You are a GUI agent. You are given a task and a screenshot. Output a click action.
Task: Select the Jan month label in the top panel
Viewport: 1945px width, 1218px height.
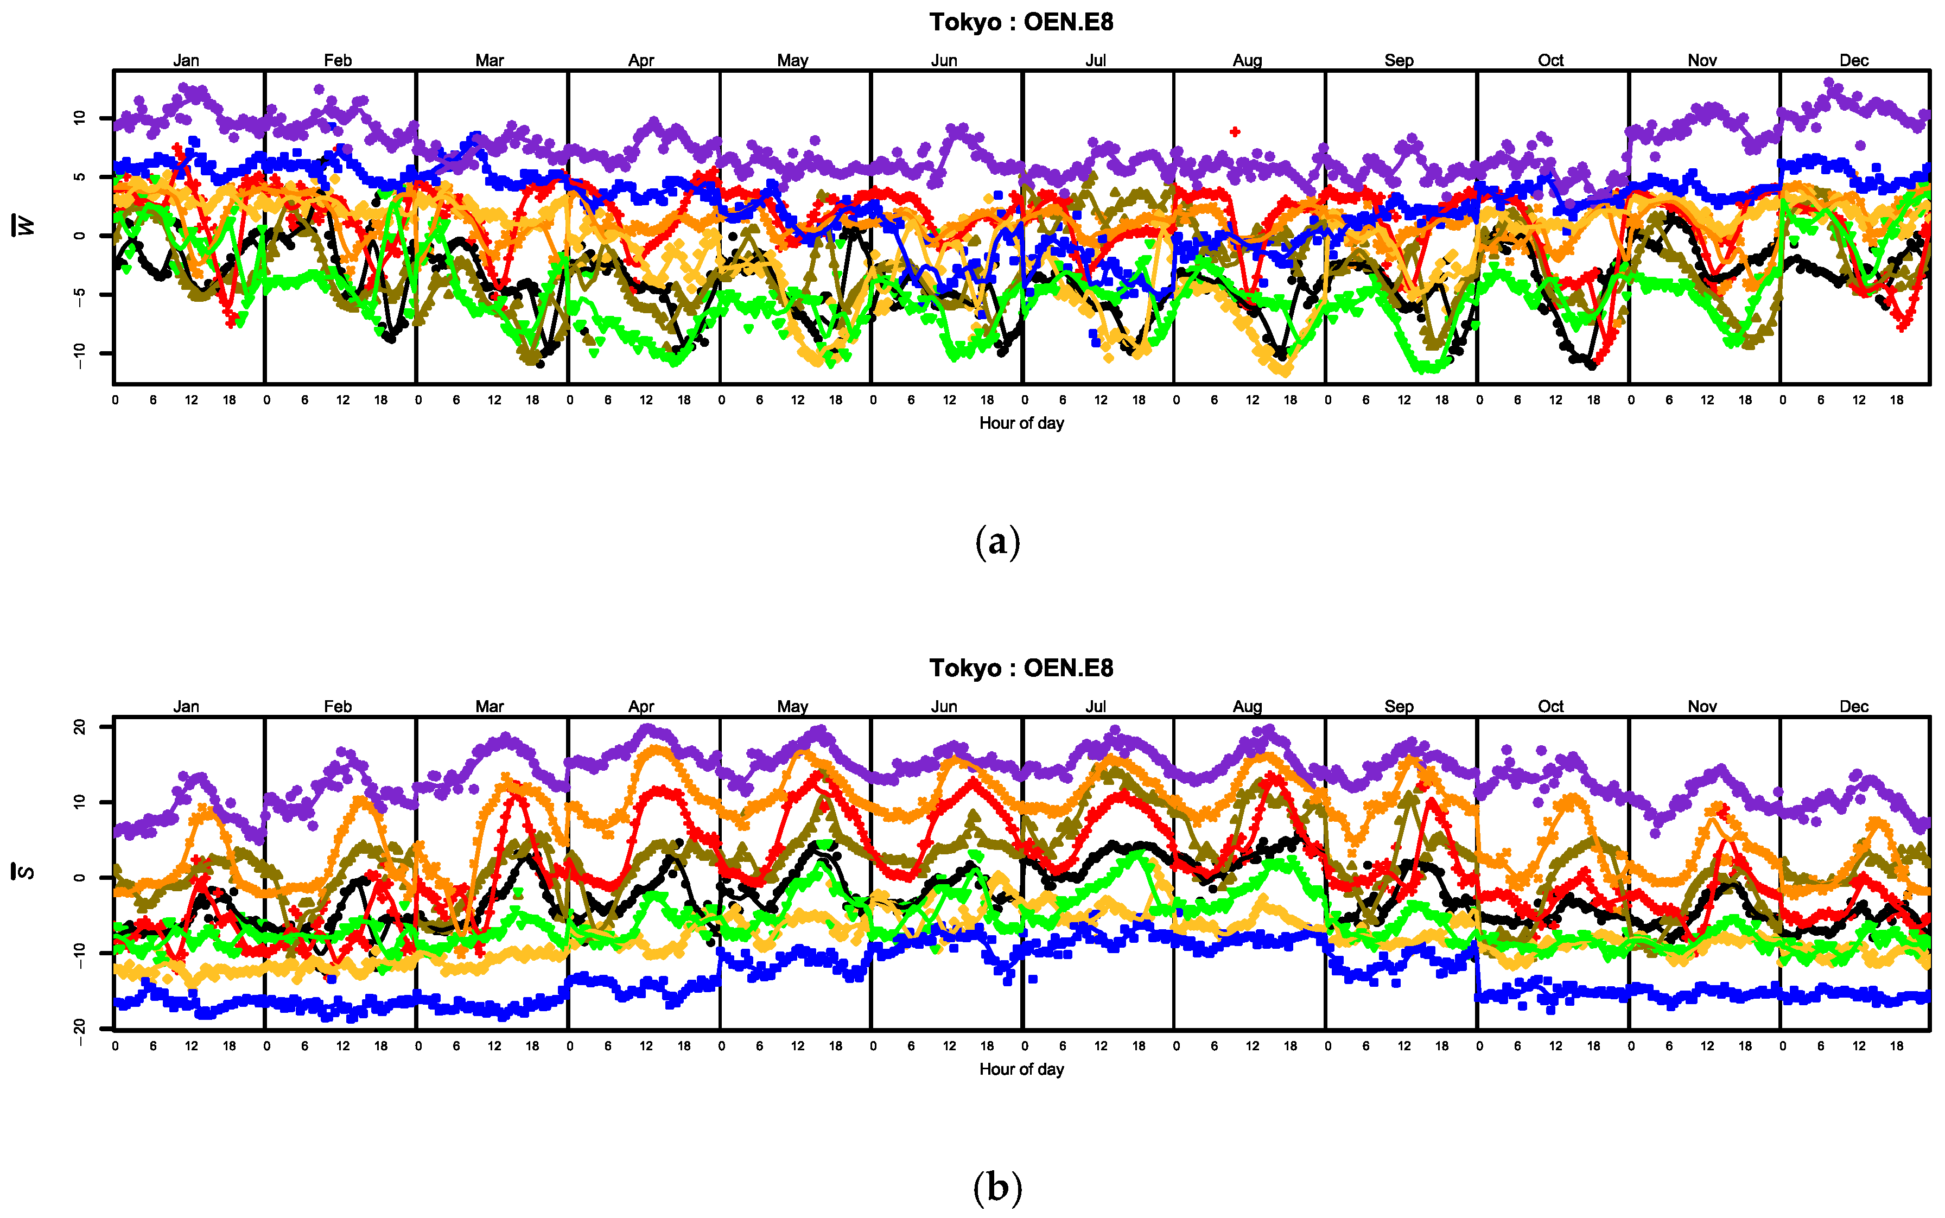coord(186,60)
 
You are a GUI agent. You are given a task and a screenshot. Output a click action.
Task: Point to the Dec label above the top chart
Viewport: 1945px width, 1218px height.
coord(1853,60)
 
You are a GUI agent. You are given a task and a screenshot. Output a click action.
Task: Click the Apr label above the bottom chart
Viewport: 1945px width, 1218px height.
coord(641,707)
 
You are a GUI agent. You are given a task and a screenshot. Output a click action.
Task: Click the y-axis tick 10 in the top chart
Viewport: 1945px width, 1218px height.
coord(79,118)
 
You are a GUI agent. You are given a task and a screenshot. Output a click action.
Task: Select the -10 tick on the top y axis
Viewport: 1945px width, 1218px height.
coord(79,354)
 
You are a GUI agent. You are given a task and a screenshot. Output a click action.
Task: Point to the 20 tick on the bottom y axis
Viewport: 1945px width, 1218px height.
coord(79,727)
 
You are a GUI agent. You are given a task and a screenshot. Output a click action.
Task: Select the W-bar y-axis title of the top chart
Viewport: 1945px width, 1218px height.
coord(27,226)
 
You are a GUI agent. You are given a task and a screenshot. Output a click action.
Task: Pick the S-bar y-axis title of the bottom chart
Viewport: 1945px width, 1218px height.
coord(27,872)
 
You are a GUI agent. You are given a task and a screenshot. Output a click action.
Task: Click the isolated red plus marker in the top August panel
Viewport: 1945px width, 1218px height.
coord(1235,131)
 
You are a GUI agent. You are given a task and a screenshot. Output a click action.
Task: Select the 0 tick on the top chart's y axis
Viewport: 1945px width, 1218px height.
coord(79,235)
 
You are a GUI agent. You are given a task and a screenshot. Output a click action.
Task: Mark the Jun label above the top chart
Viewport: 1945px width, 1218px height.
coord(944,60)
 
